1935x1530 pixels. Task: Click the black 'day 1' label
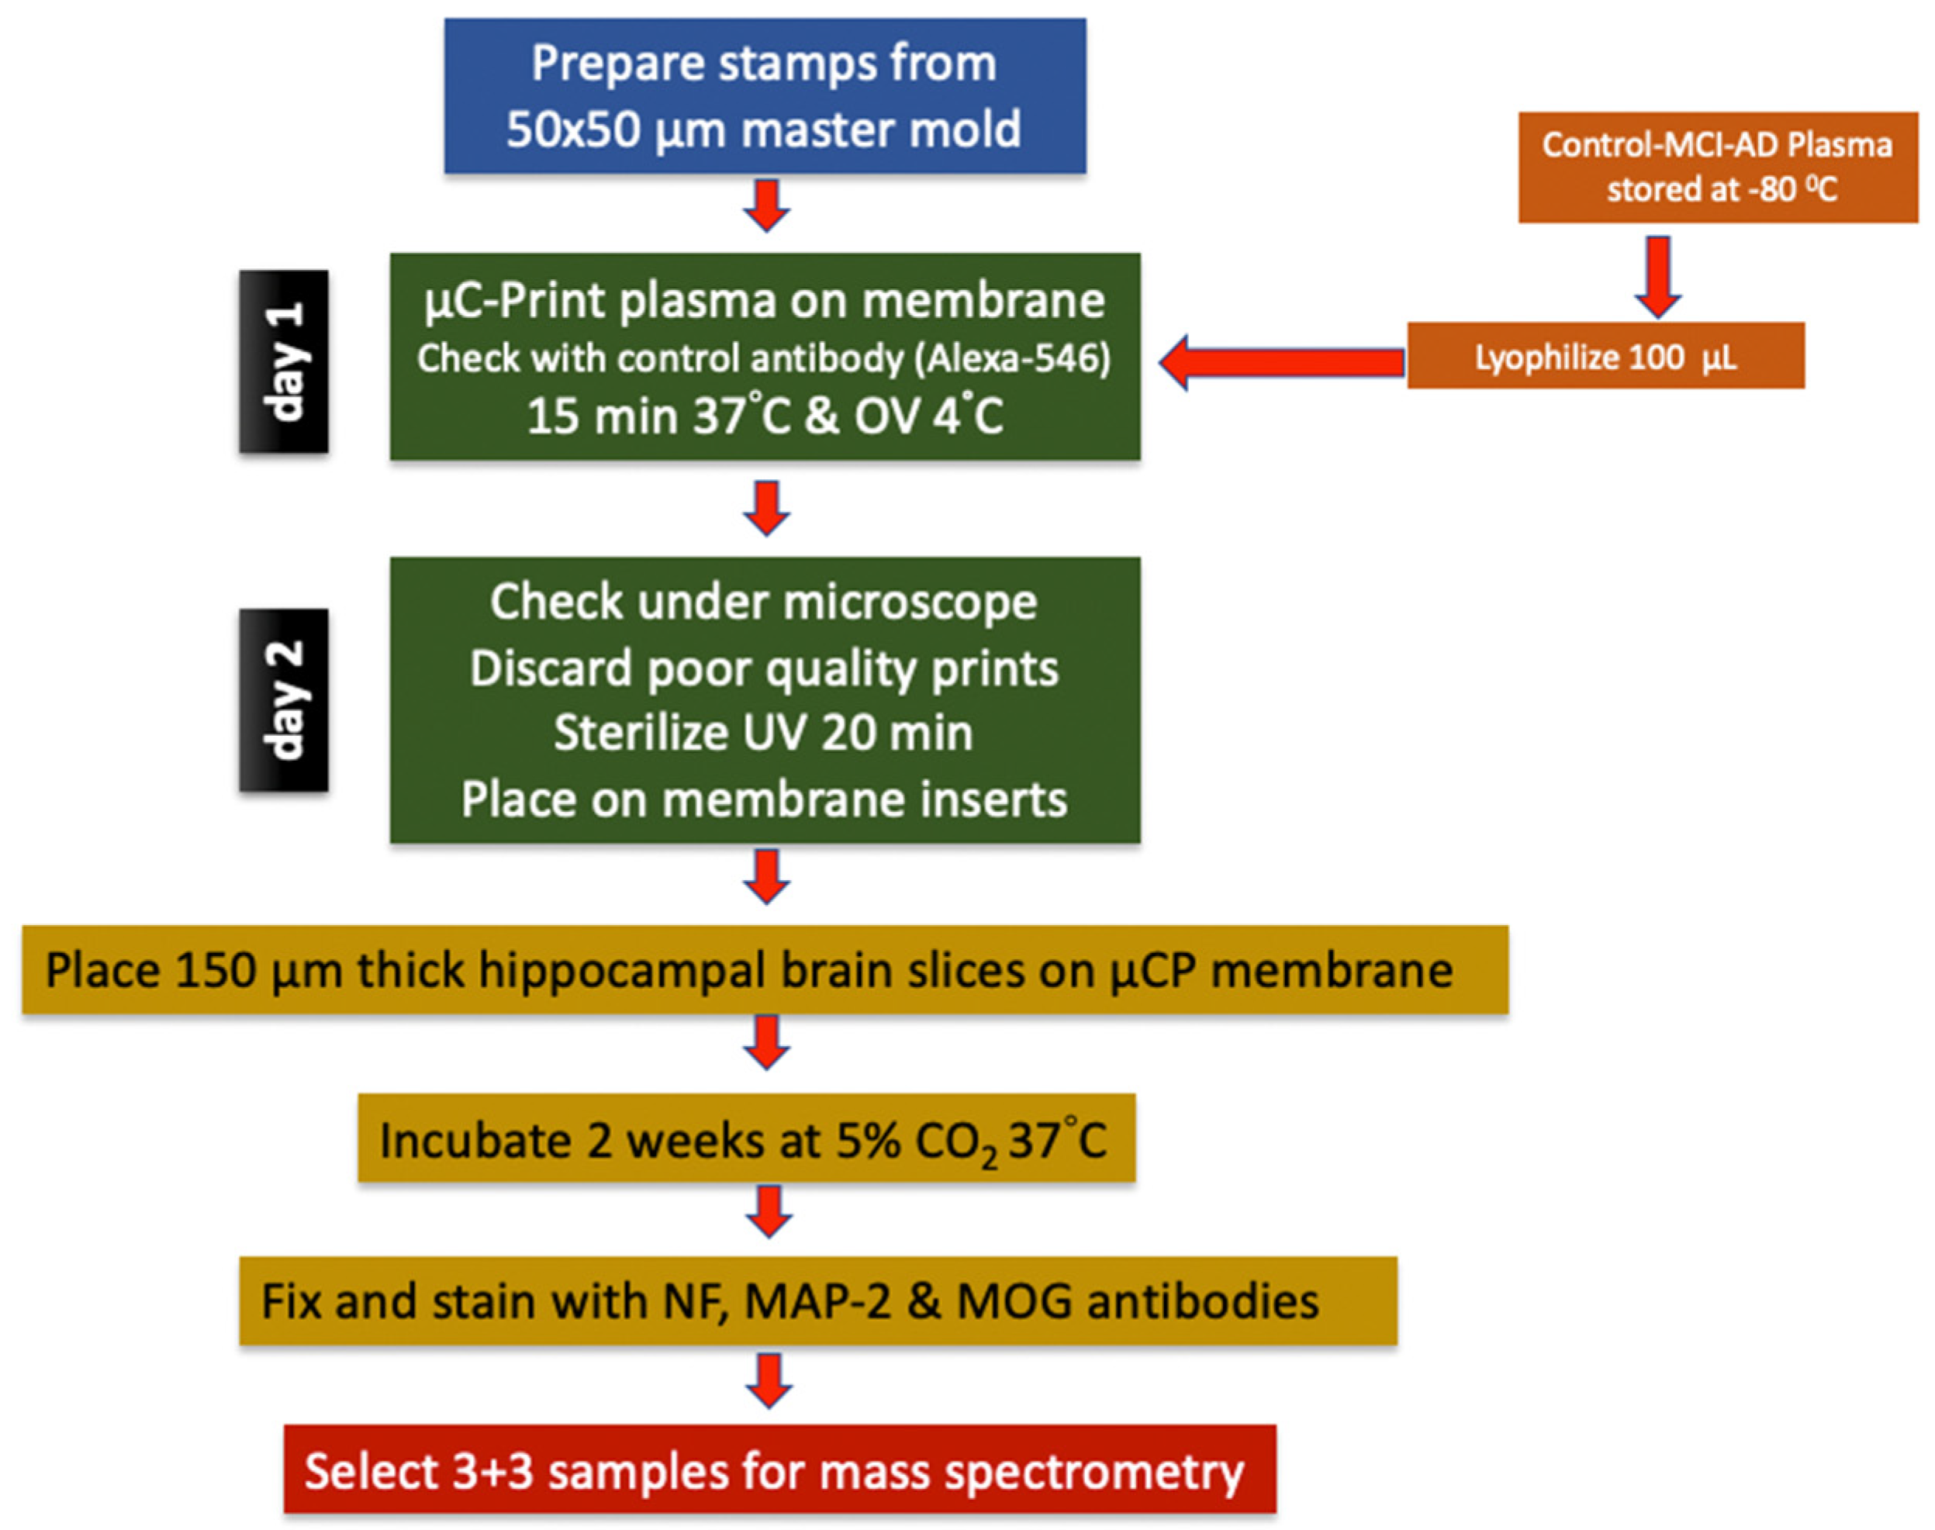point(283,361)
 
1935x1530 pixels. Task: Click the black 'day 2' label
point(283,699)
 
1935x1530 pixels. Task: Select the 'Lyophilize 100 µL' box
point(1605,357)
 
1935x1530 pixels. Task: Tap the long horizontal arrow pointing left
point(1281,362)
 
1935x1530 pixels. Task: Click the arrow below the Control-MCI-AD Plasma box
point(1657,276)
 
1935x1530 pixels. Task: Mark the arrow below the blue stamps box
point(766,205)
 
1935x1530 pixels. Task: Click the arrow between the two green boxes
point(766,508)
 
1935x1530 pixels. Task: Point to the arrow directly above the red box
point(769,1380)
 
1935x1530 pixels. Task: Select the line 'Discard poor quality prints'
point(764,668)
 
